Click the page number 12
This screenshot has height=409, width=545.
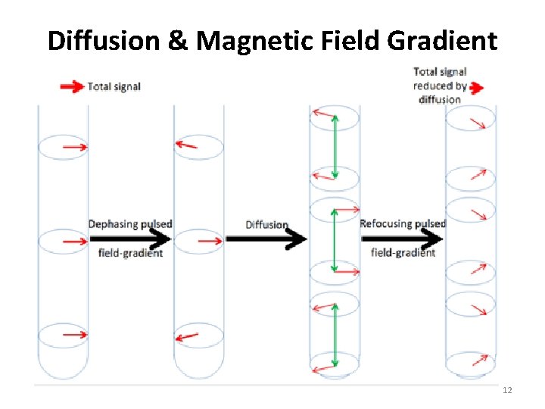507,390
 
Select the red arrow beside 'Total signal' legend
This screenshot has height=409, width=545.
73,87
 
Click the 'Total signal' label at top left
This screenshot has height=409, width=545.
114,86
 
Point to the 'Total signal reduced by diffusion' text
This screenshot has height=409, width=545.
440,85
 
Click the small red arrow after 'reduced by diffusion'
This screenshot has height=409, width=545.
476,89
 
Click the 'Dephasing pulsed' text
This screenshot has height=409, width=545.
130,224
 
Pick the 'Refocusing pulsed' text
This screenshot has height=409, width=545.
403,223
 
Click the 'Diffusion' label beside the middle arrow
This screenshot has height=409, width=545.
266,224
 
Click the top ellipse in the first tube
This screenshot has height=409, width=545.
63,147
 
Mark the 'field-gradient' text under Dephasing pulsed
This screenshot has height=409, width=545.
130,253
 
